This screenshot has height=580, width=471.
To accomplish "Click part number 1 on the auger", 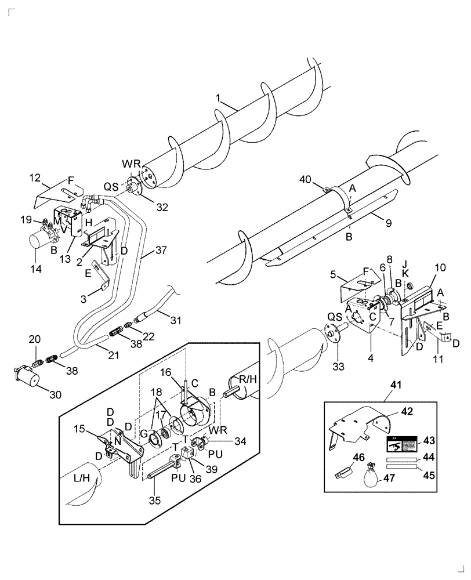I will [x=219, y=100].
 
